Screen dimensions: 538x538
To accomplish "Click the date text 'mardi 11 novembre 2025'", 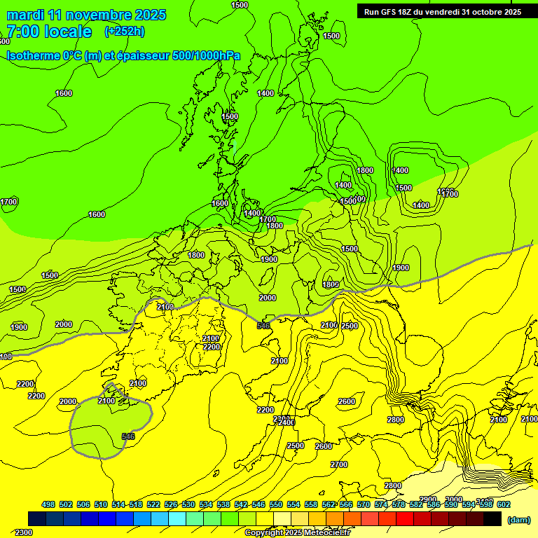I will point(85,15).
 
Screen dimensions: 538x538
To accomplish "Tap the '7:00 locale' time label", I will point(49,32).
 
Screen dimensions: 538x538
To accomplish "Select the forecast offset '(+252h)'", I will point(124,32).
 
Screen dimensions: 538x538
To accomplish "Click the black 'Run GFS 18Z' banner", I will point(442,11).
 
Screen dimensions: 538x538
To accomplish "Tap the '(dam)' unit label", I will point(518,519).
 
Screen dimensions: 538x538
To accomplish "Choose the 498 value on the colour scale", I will point(48,504).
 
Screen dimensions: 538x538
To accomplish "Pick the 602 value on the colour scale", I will point(503,504).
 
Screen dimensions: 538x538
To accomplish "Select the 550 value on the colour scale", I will point(275,504).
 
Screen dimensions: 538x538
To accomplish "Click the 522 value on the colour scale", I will point(153,504).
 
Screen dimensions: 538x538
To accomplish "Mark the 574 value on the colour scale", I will point(380,504).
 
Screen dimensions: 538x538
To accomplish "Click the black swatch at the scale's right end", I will point(492,518).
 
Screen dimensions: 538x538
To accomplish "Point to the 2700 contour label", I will point(339,464).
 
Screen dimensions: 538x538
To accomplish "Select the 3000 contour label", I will point(454,499).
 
